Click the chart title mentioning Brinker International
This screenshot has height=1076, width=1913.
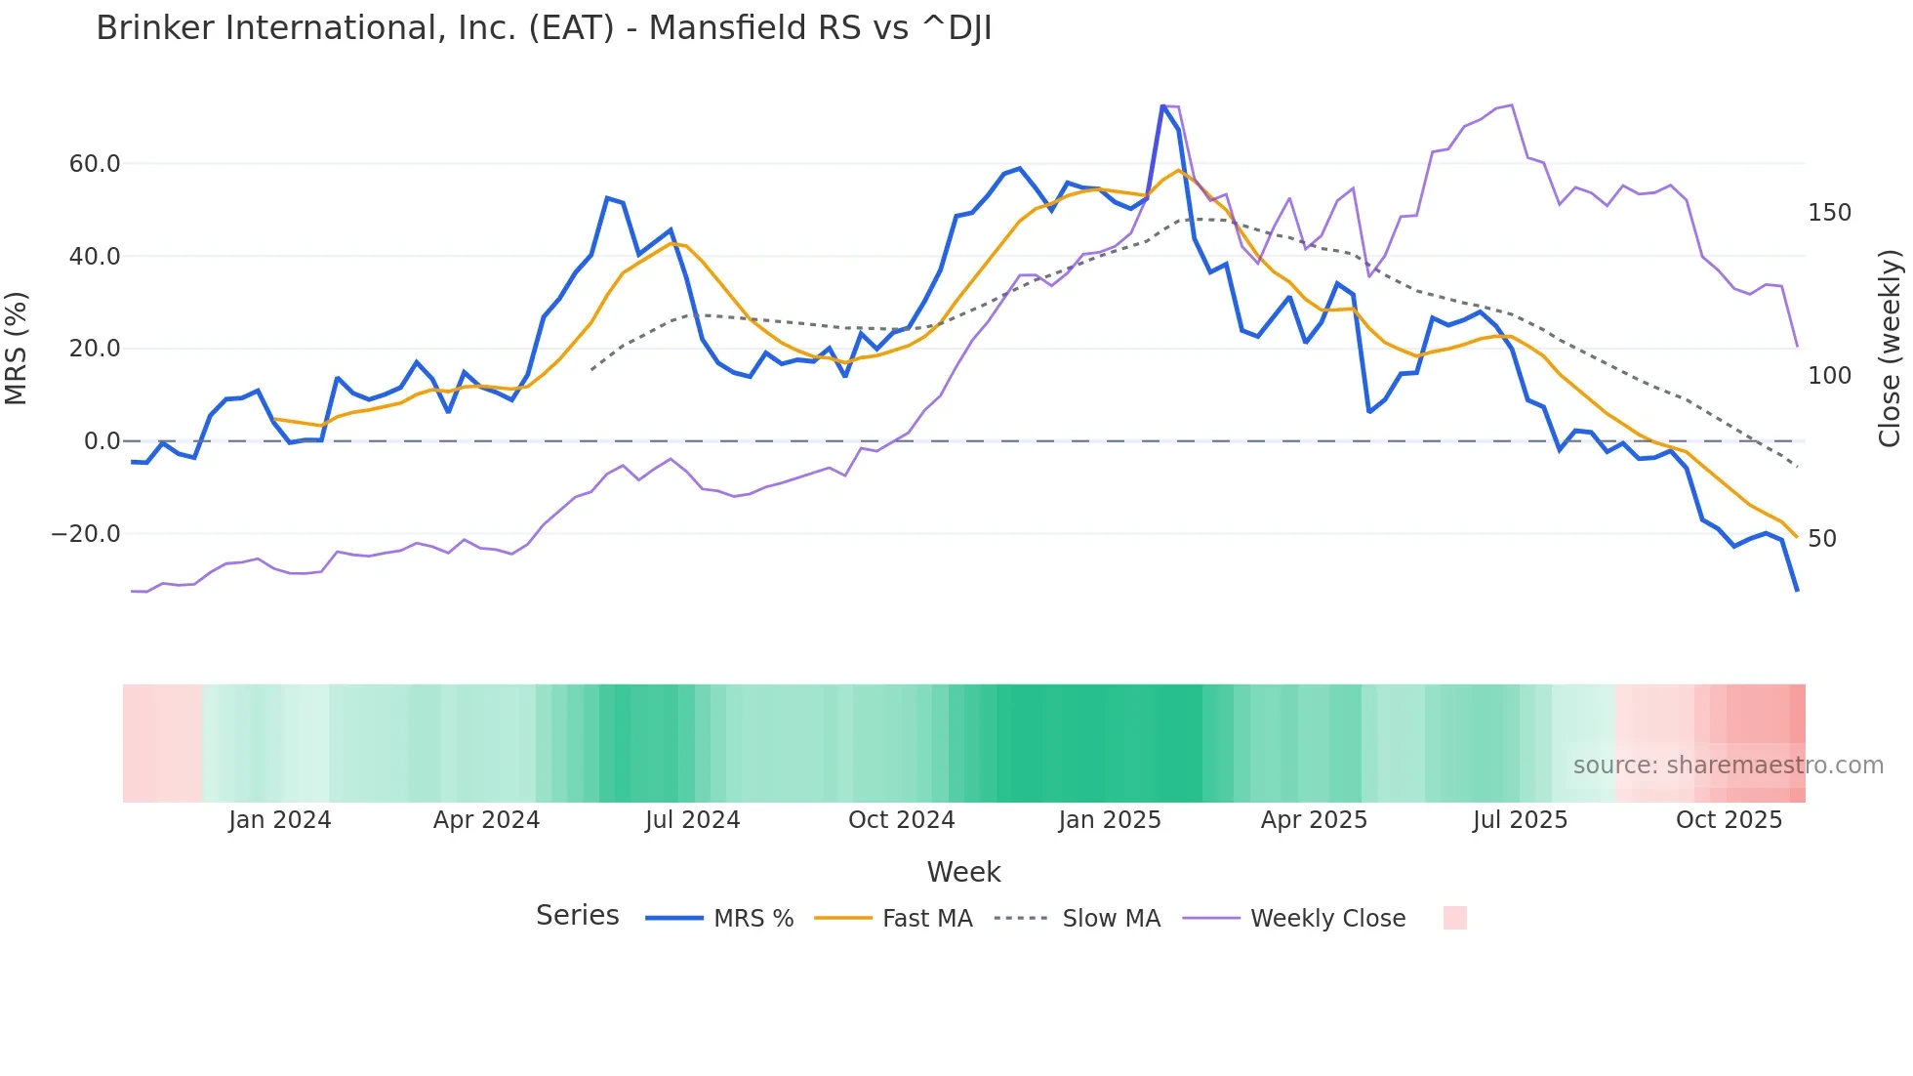tap(544, 28)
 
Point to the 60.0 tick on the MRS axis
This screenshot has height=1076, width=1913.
tap(95, 164)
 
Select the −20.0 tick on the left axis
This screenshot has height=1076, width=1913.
tap(86, 534)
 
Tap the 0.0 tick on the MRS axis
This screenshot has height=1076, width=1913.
tap(102, 441)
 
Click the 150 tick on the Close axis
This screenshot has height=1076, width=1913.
tap(1829, 213)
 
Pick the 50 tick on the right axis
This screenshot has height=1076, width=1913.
tap(1821, 539)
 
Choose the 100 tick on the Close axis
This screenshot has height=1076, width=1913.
tap(1829, 376)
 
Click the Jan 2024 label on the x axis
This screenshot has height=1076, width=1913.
tap(280, 820)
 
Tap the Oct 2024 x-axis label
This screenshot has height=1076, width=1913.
tap(901, 820)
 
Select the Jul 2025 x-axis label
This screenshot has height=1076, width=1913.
tap(1520, 820)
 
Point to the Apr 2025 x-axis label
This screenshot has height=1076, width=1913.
tap(1314, 820)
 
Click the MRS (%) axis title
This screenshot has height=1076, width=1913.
tap(17, 349)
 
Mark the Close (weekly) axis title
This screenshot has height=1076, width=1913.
tap(1891, 349)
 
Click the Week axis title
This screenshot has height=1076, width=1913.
tap(963, 872)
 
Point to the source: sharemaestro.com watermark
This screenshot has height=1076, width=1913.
tap(1728, 766)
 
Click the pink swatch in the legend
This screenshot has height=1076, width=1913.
tap(1454, 918)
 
